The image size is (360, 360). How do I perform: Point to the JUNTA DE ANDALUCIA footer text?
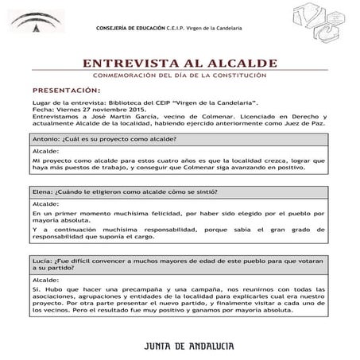point(180,346)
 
